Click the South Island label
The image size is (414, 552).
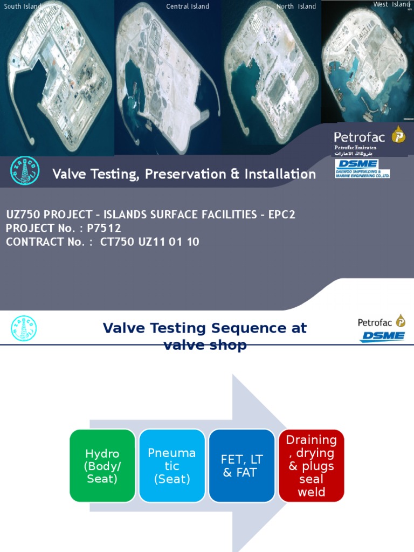pos(22,6)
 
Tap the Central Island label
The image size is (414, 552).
pos(188,6)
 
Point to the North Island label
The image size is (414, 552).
pos(296,6)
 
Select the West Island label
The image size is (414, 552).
pos(392,4)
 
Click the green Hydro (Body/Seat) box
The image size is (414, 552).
pos(102,466)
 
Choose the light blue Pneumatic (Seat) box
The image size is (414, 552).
pos(172,466)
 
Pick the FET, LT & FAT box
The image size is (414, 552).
pos(242,466)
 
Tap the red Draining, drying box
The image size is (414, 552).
pos(311,466)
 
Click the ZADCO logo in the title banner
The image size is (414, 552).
pos(23,173)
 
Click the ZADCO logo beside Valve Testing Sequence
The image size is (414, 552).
pos(23,328)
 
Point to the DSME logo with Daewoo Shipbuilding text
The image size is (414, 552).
pos(362,168)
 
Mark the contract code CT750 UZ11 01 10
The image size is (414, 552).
pos(150,242)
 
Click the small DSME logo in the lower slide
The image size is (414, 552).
pos(382,336)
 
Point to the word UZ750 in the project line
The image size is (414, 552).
pos(21,215)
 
